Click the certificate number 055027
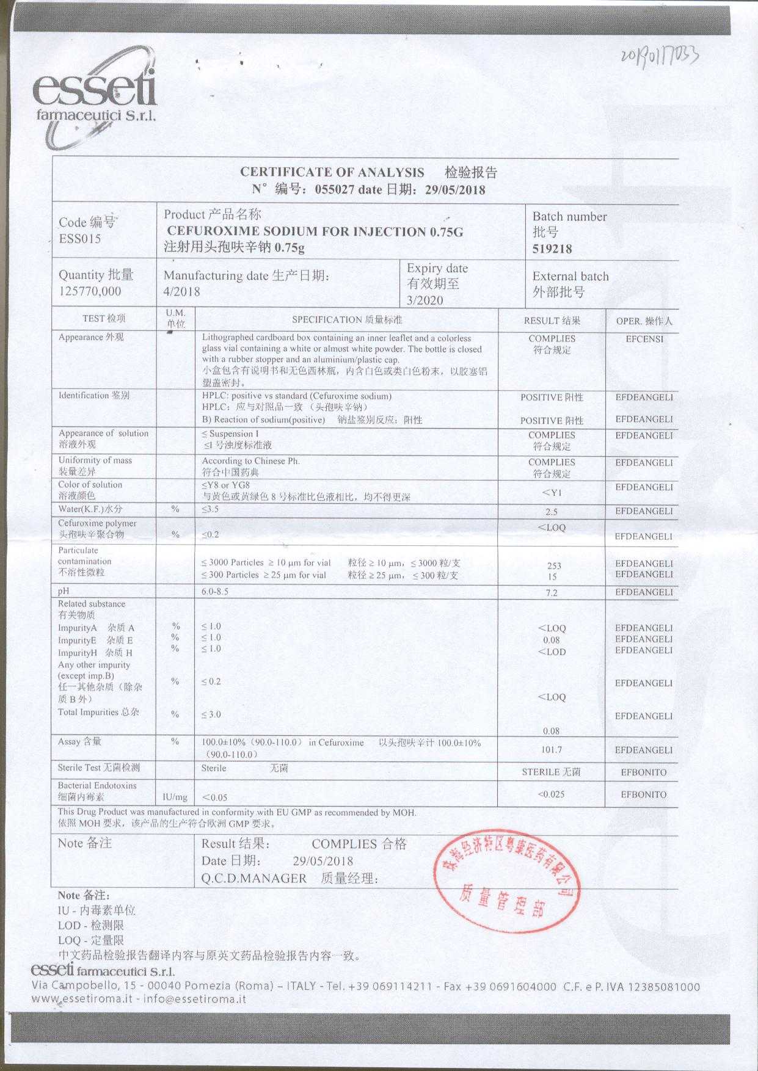334,189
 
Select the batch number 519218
552,249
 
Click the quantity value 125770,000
90,291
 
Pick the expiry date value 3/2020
425,300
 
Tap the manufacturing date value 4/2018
182,291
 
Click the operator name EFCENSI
644,339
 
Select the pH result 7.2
551,593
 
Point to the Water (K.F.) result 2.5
551,512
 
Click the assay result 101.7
552,750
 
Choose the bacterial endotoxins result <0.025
551,794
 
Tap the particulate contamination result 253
554,566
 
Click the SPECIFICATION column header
346,319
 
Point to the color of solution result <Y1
552,493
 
